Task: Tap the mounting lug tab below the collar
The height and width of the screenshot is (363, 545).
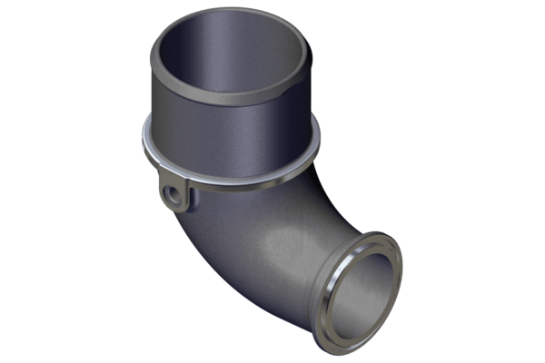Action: click(174, 196)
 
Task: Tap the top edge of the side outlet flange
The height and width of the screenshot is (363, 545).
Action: click(368, 239)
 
